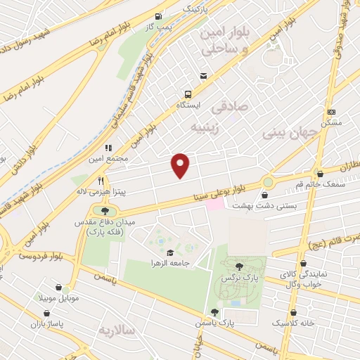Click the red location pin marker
tap(181, 165)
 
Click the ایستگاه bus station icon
tap(188, 94)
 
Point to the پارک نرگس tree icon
tap(239, 266)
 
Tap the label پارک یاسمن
tap(214, 323)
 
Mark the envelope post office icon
tap(203, 76)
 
